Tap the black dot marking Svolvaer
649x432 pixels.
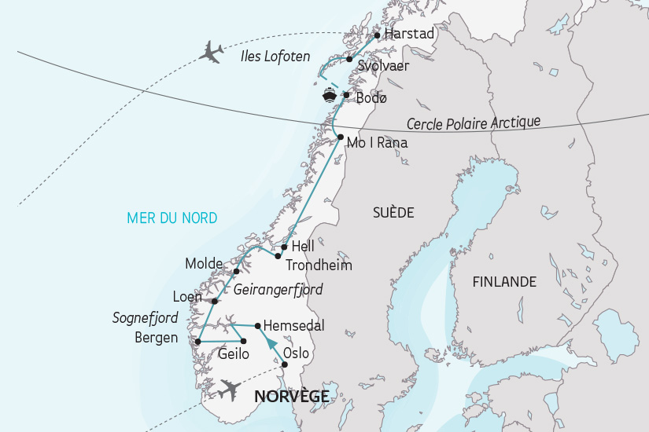[x=349, y=59]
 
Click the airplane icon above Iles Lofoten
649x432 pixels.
[x=212, y=52]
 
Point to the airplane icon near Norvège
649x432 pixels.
[x=230, y=389]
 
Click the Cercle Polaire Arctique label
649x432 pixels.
[x=474, y=123]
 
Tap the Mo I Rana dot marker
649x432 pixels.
[x=340, y=137]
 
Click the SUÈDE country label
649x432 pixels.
[x=393, y=212]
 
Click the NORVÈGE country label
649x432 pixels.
[x=292, y=397]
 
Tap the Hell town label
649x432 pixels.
[x=303, y=247]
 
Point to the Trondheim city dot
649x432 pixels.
[x=278, y=255]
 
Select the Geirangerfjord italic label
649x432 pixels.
[x=278, y=290]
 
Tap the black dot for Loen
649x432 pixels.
[x=214, y=300]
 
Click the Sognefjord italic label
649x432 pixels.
[x=144, y=318]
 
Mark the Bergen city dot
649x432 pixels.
[x=197, y=341]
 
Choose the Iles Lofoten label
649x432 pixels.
[x=275, y=57]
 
